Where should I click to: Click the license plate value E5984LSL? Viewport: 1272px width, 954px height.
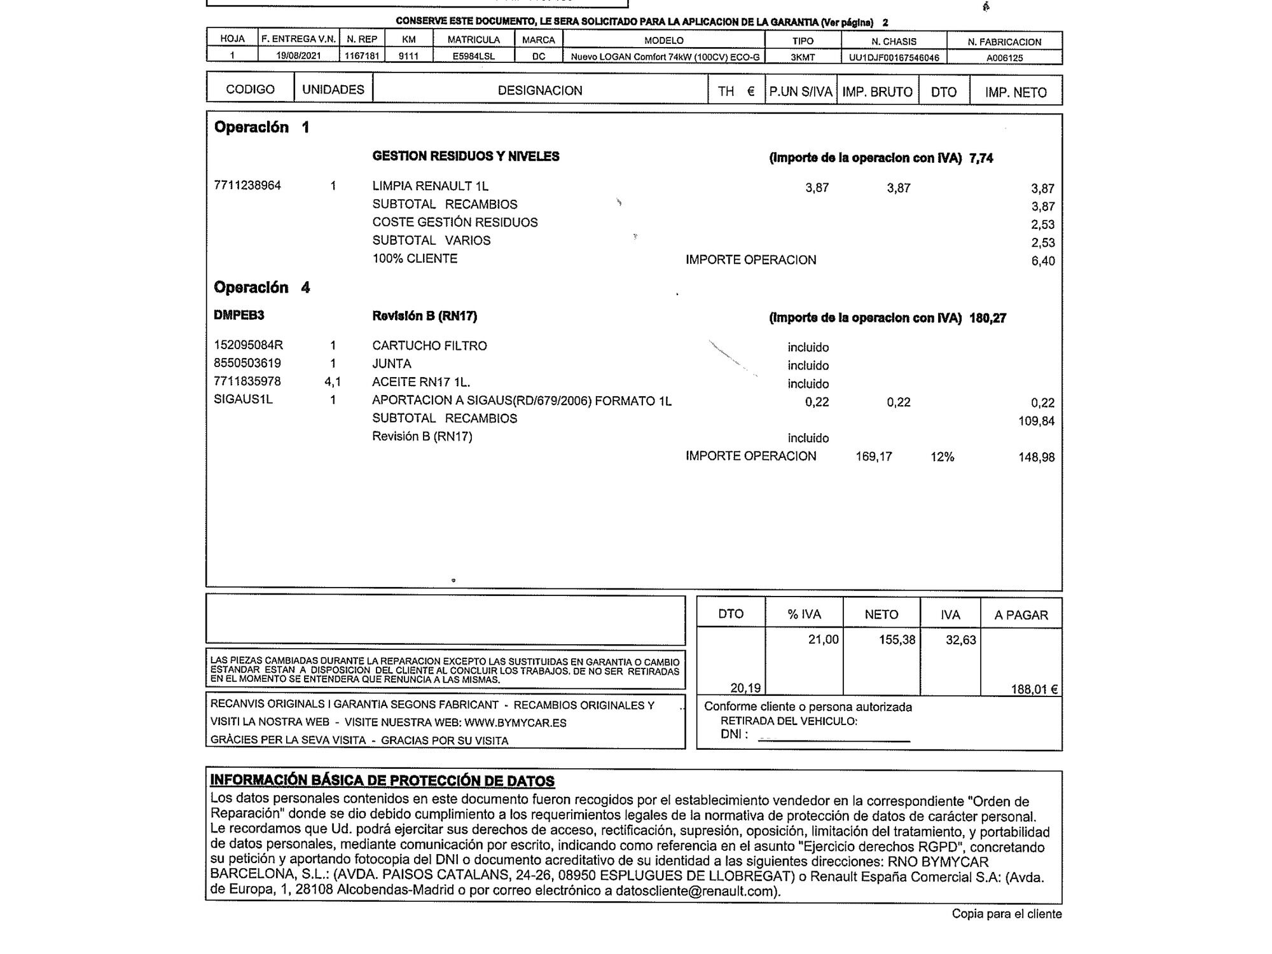click(x=473, y=56)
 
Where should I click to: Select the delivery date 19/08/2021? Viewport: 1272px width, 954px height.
click(x=298, y=56)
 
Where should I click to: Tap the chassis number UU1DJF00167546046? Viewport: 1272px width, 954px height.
click(x=894, y=58)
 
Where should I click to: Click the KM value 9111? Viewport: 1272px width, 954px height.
click(x=408, y=56)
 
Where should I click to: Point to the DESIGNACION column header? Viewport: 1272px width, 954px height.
click(x=539, y=90)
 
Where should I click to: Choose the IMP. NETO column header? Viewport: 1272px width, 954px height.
click(x=1016, y=92)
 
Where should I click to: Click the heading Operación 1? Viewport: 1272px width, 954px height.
click(x=261, y=127)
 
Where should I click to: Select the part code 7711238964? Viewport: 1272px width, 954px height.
click(x=247, y=186)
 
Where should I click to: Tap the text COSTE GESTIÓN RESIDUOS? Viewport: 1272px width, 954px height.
click(x=455, y=223)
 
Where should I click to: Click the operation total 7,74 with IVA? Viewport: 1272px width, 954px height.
click(x=981, y=158)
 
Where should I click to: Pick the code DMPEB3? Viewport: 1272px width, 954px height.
click(x=238, y=315)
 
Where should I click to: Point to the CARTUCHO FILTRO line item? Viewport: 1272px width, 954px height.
click(x=429, y=346)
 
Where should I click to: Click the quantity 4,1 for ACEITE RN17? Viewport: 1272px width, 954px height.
click(x=333, y=382)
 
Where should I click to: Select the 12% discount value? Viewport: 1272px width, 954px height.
click(x=942, y=457)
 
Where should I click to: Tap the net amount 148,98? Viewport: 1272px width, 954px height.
click(x=1036, y=457)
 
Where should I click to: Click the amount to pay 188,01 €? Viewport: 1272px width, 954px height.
click(x=1034, y=689)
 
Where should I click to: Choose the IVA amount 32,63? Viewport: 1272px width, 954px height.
click(x=960, y=640)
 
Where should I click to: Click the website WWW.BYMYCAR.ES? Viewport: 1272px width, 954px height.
click(x=515, y=723)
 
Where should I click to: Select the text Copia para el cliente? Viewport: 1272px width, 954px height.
click(x=1006, y=914)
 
